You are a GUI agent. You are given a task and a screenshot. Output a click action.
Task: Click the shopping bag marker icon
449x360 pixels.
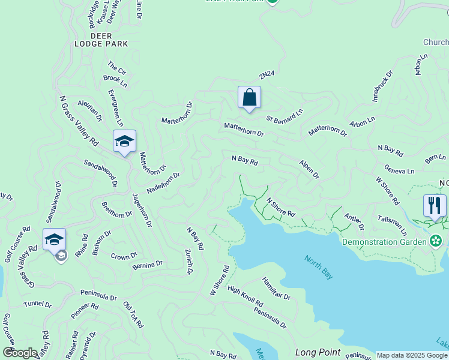tap(249, 98)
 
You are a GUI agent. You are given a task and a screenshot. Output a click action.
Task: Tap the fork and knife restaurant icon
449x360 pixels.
tap(435, 205)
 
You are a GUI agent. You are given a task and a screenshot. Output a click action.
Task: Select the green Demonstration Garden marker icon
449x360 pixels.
tap(436, 242)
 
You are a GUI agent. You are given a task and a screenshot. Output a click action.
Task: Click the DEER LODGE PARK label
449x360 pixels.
tap(101, 40)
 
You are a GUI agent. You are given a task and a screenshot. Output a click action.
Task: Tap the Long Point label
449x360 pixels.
tap(318, 352)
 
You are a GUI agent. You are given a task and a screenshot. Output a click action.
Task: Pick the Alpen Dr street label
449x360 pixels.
tap(309, 169)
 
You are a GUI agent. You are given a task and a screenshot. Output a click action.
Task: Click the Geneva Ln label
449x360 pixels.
tap(399, 171)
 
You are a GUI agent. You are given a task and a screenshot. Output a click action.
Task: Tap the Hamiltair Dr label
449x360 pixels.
tap(276, 289)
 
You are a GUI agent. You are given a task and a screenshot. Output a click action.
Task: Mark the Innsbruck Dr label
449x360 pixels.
tap(382, 86)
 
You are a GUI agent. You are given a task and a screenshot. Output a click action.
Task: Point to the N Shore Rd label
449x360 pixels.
tap(280, 207)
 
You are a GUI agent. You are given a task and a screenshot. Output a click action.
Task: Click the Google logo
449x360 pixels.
tap(20, 353)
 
